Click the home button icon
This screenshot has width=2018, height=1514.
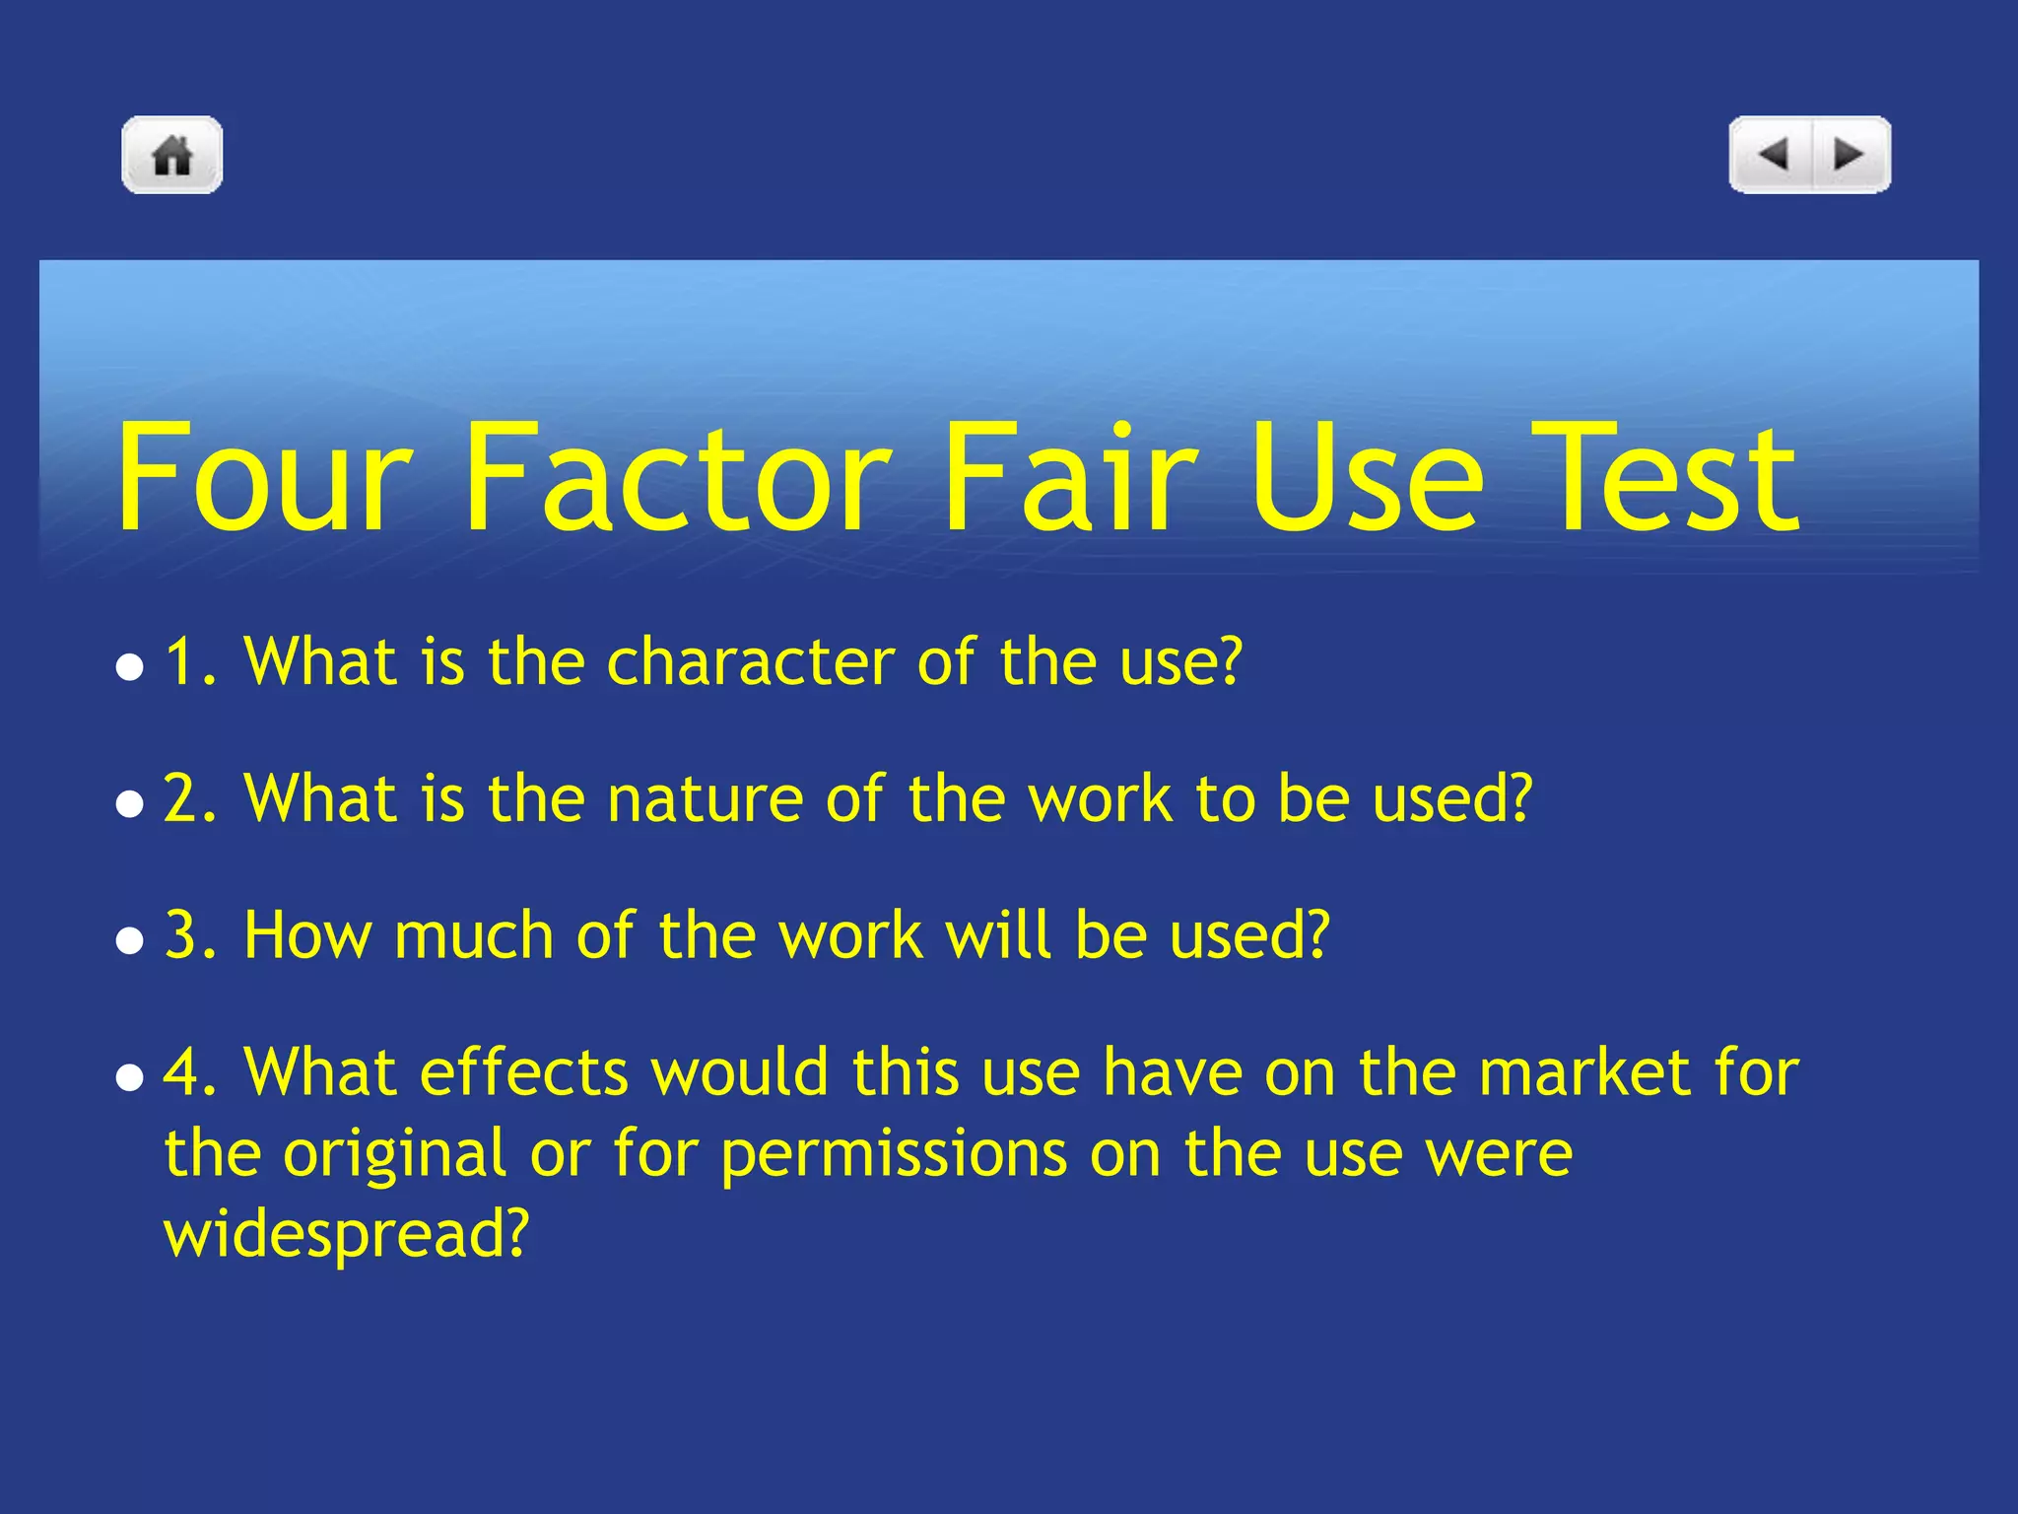pos(172,155)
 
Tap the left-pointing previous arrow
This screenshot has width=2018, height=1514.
pos(1774,155)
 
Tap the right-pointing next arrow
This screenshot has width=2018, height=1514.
pos(1849,155)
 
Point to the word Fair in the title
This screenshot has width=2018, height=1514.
pos(1070,478)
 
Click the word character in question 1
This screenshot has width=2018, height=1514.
pos(749,661)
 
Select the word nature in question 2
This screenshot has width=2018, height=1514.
pos(704,798)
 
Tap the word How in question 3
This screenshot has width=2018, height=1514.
pos(306,934)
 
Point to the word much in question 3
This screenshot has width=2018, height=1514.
pos(472,934)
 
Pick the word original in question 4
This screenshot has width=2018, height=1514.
pos(394,1153)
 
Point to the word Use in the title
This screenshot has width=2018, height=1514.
pos(1366,478)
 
